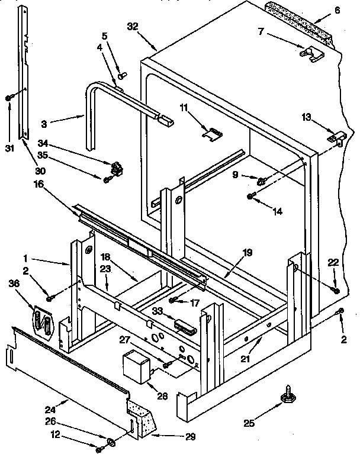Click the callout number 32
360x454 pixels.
(x=133, y=26)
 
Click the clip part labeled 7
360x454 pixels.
(x=311, y=54)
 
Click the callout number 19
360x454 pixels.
(x=247, y=253)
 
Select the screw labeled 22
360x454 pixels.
(x=336, y=289)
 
